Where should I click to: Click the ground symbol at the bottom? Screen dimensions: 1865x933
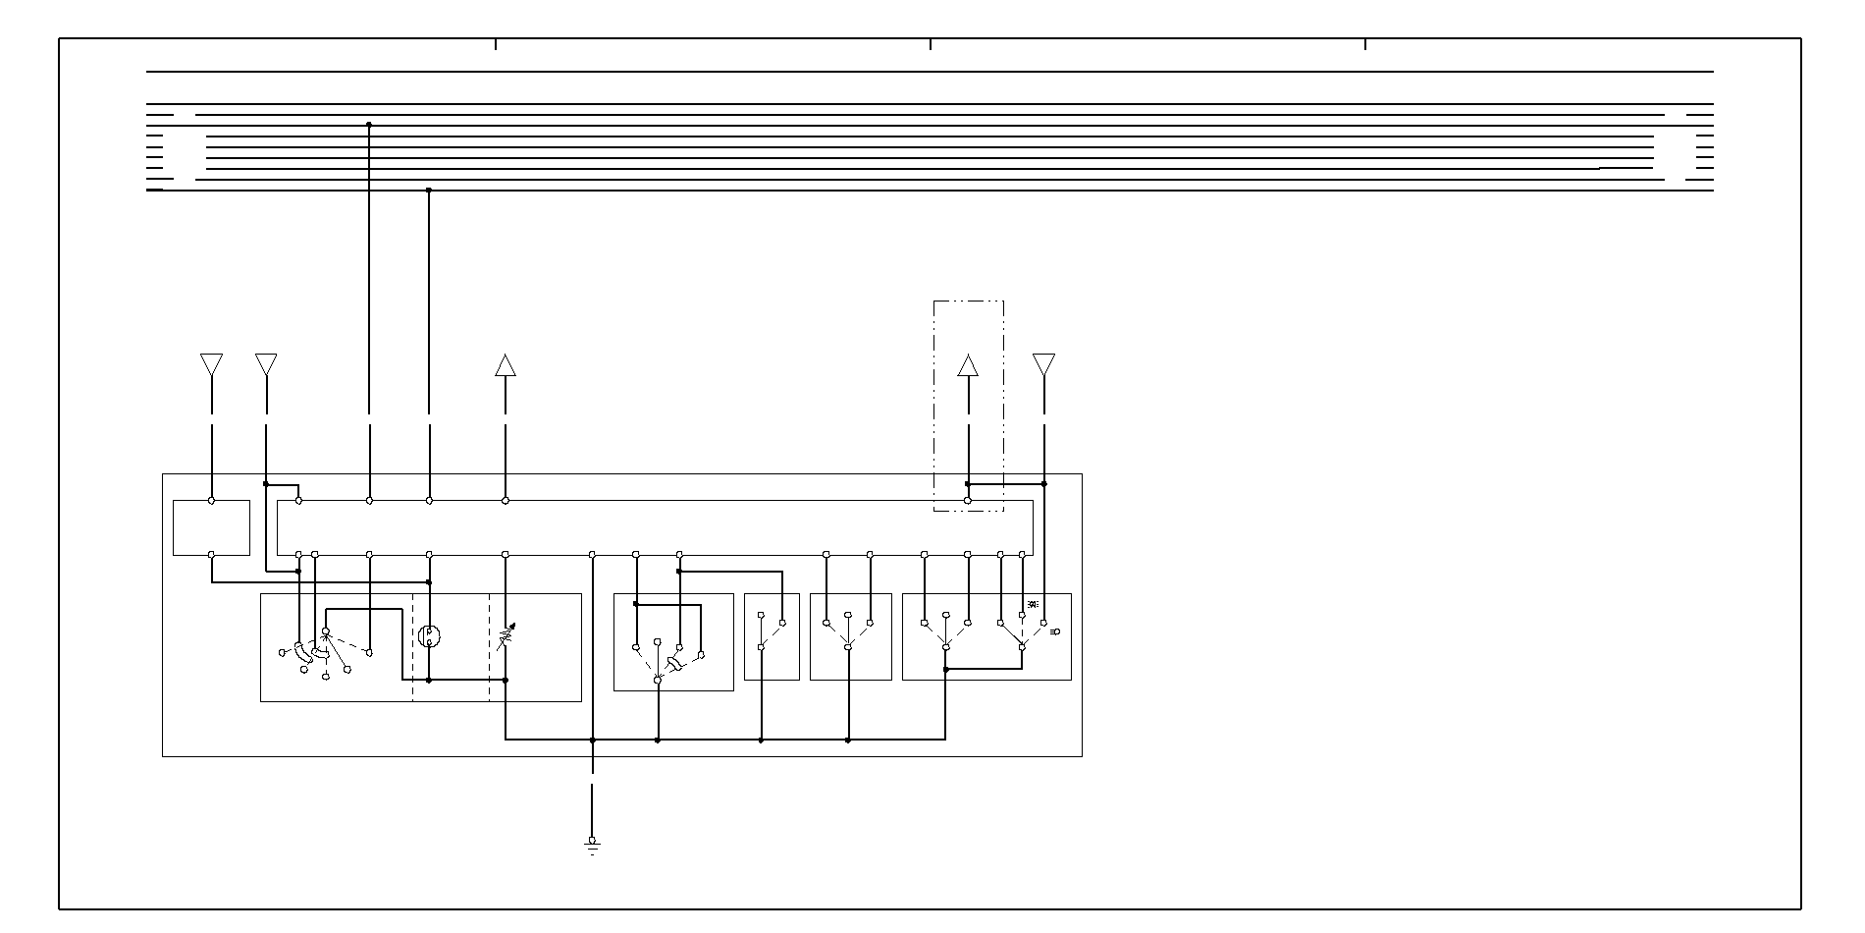(592, 846)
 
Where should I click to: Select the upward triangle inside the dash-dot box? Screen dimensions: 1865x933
(968, 365)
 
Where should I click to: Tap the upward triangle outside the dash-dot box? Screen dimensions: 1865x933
(506, 365)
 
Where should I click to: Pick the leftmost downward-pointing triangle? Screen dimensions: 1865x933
(211, 364)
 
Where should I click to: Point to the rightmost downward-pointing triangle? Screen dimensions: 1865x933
(1043, 364)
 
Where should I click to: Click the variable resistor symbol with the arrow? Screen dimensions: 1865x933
(506, 638)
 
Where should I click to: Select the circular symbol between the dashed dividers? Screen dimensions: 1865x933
(430, 636)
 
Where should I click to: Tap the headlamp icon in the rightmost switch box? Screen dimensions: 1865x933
(1055, 633)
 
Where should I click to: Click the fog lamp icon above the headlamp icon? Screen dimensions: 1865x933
(1032, 603)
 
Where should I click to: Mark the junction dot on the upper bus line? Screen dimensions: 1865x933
(369, 125)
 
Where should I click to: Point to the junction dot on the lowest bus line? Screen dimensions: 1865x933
(429, 190)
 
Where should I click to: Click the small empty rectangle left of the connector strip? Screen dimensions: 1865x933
(211, 528)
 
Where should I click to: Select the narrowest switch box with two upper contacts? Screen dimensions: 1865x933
(772, 636)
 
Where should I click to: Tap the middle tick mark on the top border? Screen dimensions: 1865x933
(931, 44)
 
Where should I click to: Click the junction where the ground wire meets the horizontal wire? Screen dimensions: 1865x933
(592, 740)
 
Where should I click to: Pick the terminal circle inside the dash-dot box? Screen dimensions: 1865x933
(968, 501)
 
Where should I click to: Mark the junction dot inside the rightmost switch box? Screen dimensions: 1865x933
(945, 670)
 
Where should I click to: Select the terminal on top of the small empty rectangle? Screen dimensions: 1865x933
(211, 501)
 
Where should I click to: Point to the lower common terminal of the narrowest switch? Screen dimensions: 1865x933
(761, 647)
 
